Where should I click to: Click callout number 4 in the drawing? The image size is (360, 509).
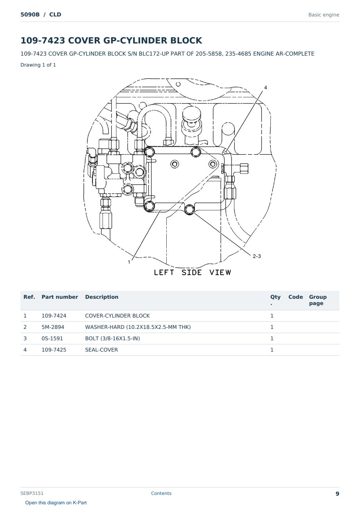click(266, 87)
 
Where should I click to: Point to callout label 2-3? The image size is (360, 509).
click(257, 256)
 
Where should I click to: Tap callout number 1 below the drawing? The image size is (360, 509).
click(129, 262)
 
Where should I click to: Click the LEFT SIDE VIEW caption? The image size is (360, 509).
click(193, 273)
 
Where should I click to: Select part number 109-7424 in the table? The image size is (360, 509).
click(54, 316)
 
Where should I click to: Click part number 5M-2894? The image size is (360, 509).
click(53, 327)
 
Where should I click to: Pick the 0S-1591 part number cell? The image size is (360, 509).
click(52, 338)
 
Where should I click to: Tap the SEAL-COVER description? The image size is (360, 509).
click(101, 350)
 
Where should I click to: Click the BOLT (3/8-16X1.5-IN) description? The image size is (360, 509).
click(112, 338)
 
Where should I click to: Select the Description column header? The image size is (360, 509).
click(102, 297)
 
